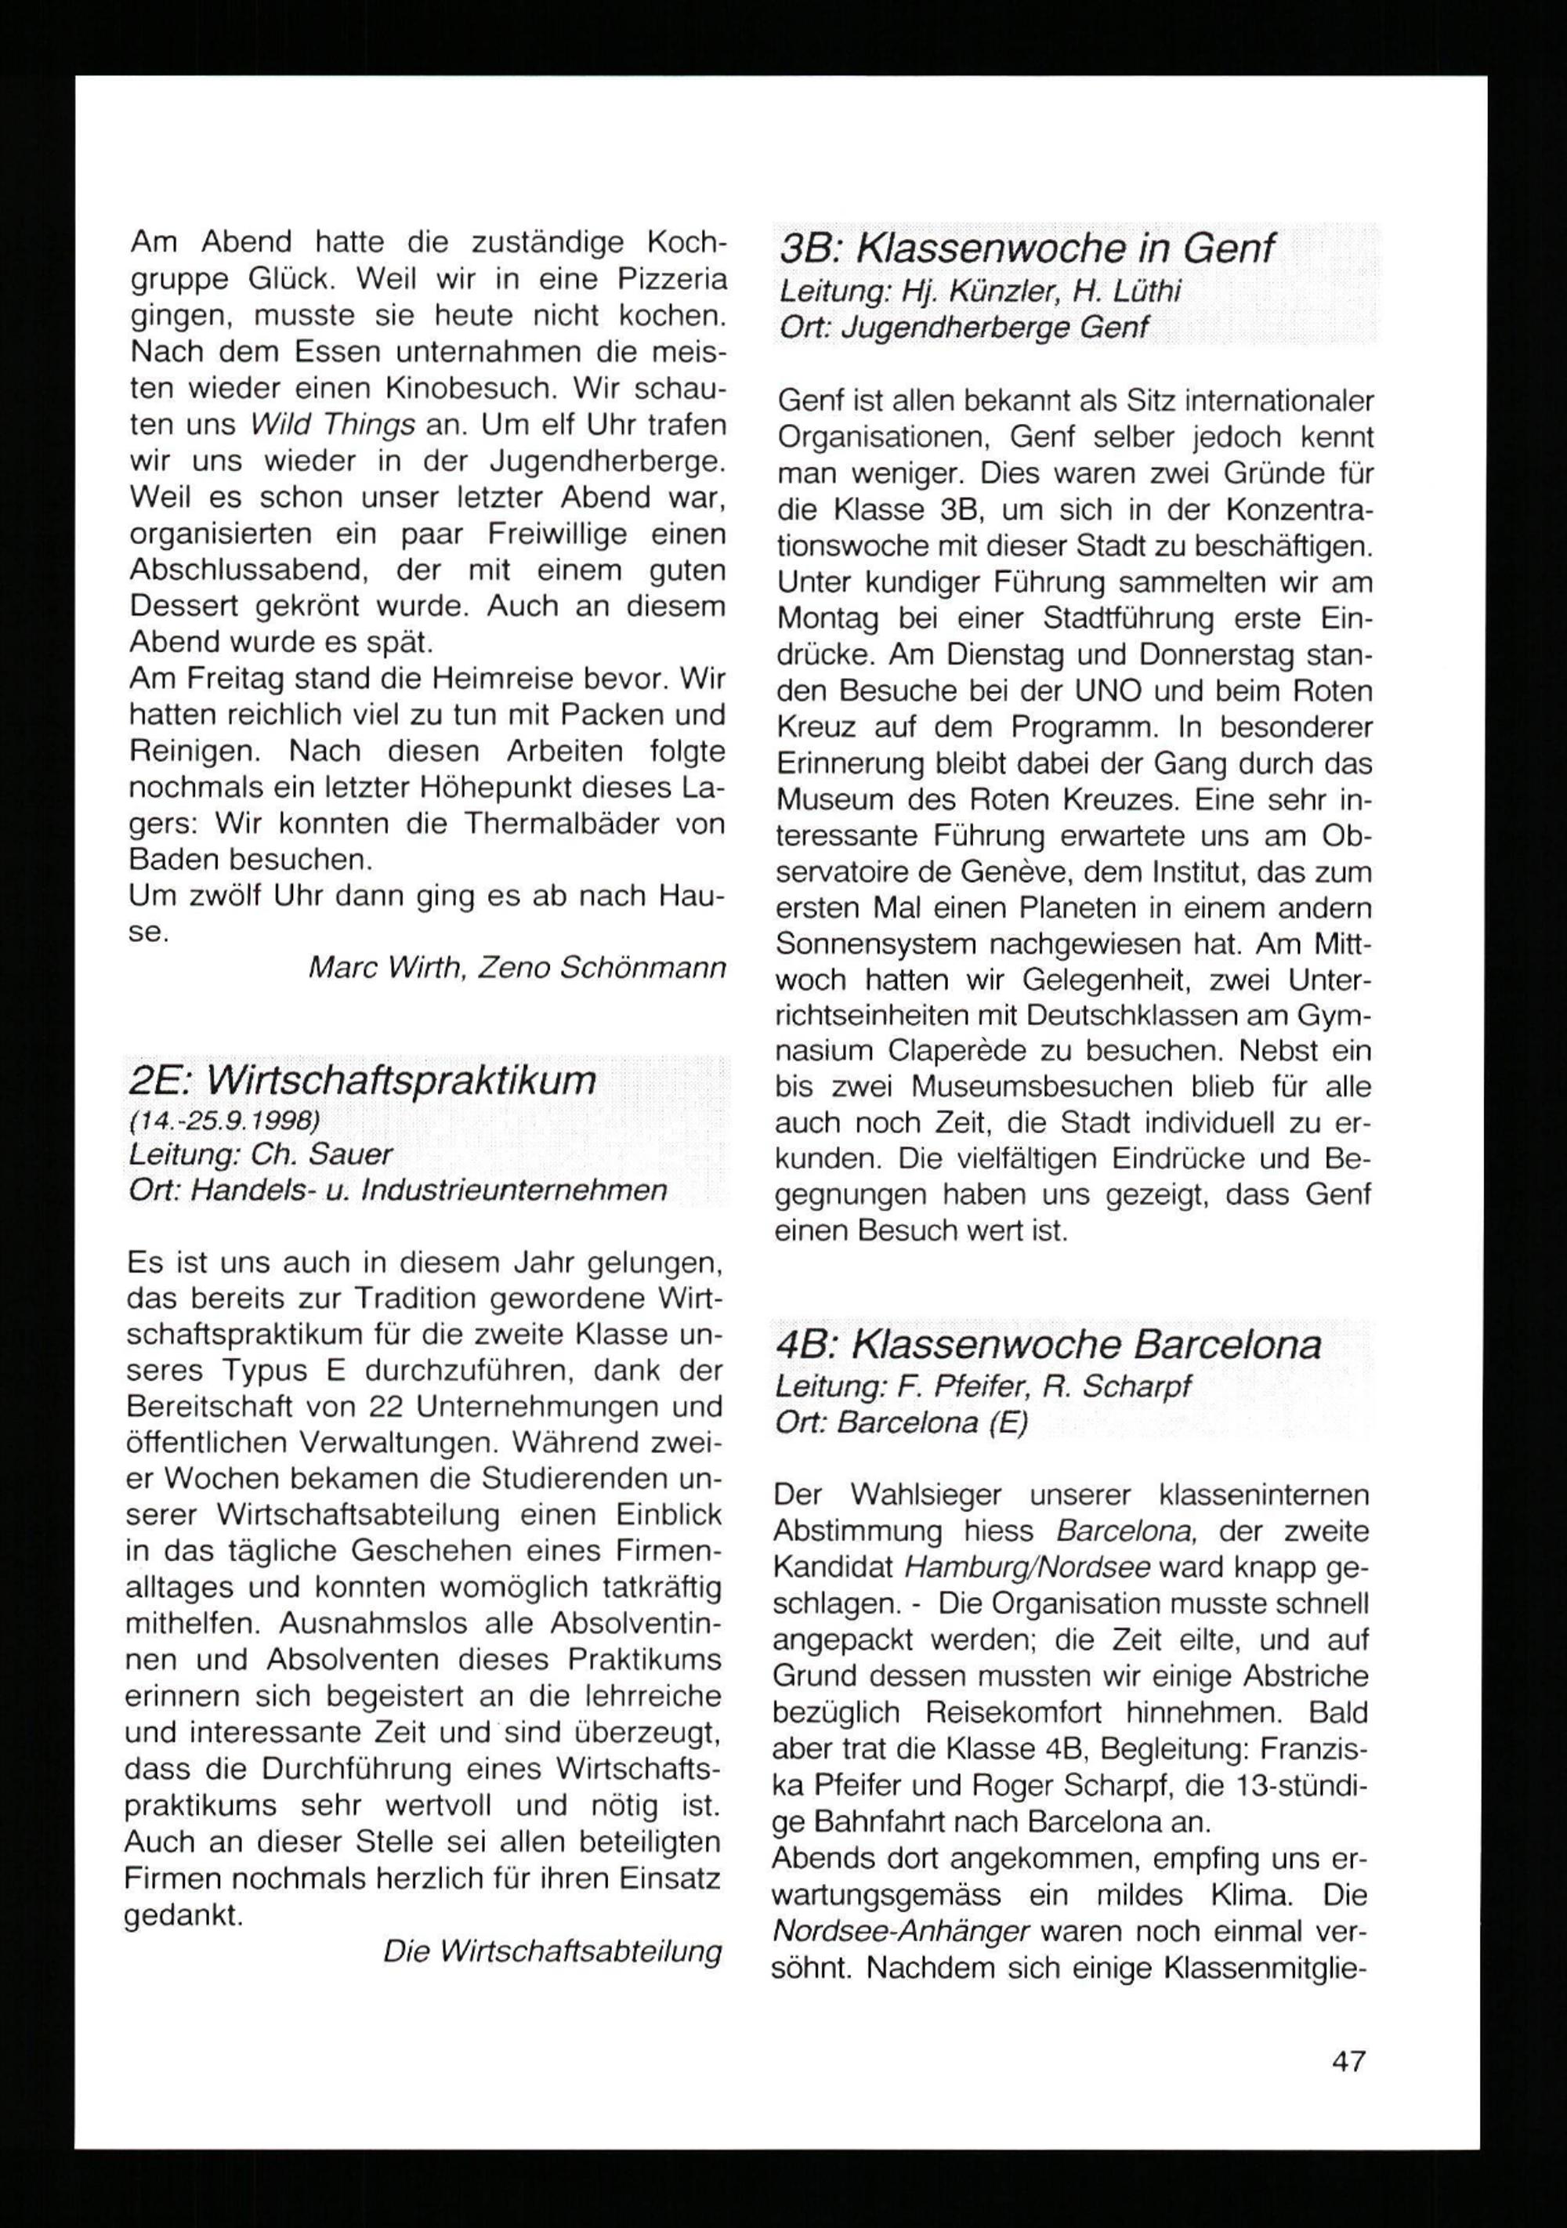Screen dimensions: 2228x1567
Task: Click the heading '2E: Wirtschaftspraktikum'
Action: (x=362, y=1080)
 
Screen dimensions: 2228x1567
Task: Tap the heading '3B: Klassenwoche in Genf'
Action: (x=1026, y=249)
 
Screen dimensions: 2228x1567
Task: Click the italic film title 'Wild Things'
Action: (x=333, y=425)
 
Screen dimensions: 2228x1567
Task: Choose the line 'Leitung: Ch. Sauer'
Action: (x=260, y=1155)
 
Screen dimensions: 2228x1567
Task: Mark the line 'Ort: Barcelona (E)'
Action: (x=901, y=1422)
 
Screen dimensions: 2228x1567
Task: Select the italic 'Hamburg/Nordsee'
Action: (x=1026, y=1567)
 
